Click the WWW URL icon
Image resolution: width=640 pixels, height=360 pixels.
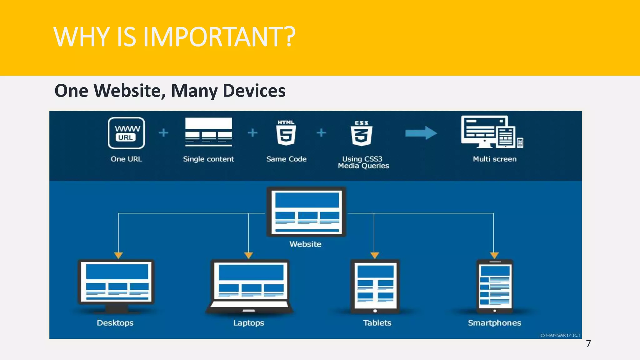(x=126, y=133)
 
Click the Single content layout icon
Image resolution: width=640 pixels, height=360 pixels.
(x=208, y=132)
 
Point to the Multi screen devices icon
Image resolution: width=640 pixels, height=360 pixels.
(x=492, y=132)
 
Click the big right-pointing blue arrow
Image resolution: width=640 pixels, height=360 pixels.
(x=421, y=133)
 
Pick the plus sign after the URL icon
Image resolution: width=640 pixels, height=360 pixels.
(x=163, y=133)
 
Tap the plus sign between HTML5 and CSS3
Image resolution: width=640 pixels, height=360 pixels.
(x=321, y=133)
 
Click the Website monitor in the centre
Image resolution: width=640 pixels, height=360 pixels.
(x=306, y=212)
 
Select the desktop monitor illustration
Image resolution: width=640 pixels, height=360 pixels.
(x=116, y=285)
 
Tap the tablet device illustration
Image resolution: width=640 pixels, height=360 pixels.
(x=375, y=286)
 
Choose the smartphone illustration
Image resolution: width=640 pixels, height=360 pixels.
(x=495, y=286)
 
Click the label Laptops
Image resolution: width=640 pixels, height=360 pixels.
(x=249, y=323)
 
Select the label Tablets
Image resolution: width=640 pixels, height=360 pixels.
(x=377, y=323)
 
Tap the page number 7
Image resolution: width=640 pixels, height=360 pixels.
(x=588, y=344)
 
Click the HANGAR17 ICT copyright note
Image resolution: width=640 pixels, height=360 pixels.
(x=561, y=335)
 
